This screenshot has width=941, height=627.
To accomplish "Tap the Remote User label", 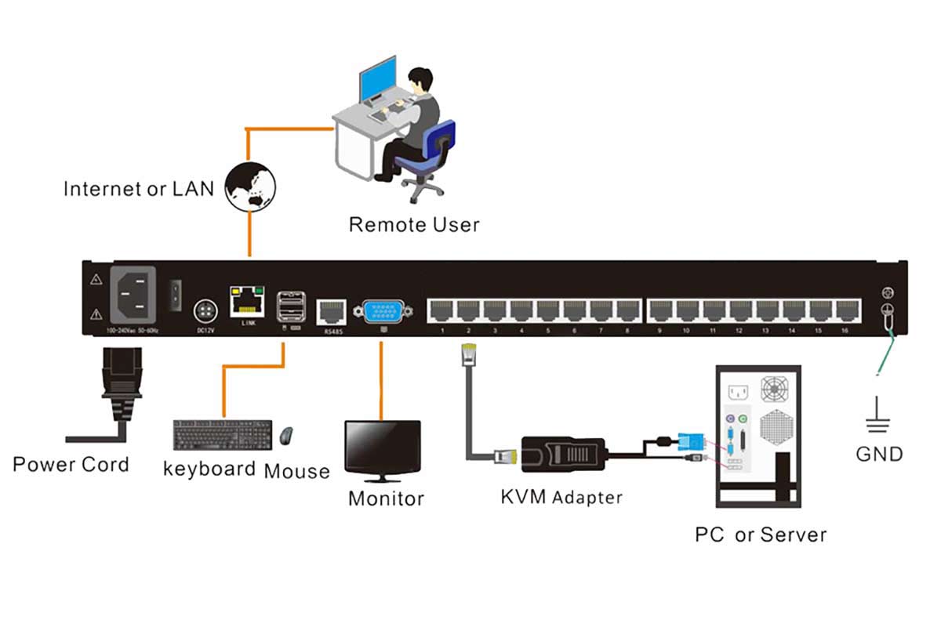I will pyautogui.click(x=413, y=225).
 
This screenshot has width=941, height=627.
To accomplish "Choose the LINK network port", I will pyautogui.click(x=245, y=301).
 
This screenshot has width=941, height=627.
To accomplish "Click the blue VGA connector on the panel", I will pyautogui.click(x=382, y=311).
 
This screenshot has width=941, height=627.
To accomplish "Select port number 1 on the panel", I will pyautogui.click(x=442, y=310).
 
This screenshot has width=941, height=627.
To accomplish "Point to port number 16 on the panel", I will pyautogui.click(x=844, y=310).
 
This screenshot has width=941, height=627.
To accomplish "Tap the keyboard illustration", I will pyautogui.click(x=223, y=435).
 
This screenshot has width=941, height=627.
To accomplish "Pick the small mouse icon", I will pyautogui.click(x=287, y=434).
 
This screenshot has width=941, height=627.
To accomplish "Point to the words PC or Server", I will pyautogui.click(x=760, y=535).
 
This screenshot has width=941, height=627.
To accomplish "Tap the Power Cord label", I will pyautogui.click(x=71, y=465).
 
